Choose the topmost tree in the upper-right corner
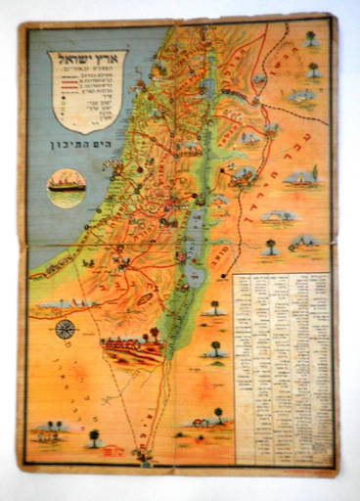[x=310, y=39]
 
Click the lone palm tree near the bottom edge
[x=94, y=437]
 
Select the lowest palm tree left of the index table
[x=217, y=415]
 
